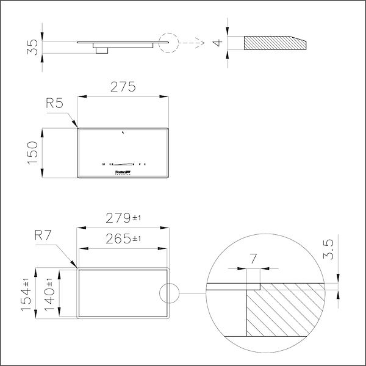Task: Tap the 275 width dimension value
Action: click(x=123, y=87)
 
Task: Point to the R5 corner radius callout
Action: click(x=55, y=104)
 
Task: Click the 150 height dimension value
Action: click(x=34, y=153)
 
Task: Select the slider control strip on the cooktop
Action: click(x=124, y=164)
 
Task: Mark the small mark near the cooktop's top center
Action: click(x=123, y=132)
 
